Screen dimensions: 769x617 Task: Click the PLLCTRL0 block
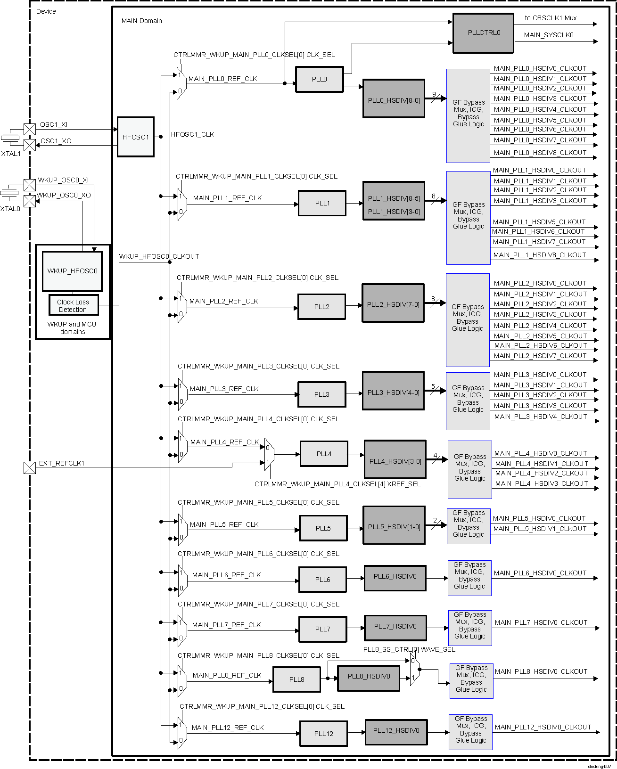[x=483, y=33]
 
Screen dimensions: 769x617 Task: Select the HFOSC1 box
[x=135, y=137]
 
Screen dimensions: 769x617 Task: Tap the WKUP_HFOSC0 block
[x=72, y=271]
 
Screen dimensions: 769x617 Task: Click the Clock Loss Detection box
[x=74, y=305]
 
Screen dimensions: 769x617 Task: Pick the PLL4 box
[x=324, y=454]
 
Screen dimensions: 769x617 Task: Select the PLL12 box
[x=323, y=734]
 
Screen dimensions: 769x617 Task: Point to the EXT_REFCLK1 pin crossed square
[x=30, y=467]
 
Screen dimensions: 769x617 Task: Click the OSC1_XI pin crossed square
[x=30, y=129]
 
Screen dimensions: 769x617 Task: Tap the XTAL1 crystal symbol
[x=9, y=138]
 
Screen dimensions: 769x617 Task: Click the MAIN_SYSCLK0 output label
[x=549, y=35]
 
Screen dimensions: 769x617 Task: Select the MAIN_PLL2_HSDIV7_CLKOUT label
[x=540, y=356]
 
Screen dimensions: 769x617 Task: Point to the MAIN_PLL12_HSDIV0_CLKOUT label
[x=543, y=727]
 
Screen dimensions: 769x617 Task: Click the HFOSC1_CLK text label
[x=192, y=135]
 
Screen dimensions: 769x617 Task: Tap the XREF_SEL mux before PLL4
[x=269, y=454]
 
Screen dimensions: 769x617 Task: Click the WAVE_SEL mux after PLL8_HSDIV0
[x=414, y=669]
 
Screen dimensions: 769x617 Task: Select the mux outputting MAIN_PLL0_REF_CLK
[x=181, y=83]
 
